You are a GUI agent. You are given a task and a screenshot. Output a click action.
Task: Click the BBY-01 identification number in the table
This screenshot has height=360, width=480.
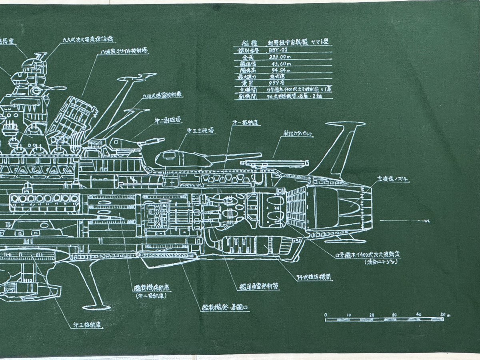274,50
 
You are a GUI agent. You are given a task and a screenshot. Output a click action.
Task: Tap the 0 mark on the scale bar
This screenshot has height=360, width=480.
326,315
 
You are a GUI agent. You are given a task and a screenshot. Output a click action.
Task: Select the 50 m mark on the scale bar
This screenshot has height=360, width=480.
444,315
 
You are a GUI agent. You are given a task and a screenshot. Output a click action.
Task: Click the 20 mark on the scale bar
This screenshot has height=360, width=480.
373,315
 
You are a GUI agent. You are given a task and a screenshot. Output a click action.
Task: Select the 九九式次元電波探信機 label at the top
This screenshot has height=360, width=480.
88,40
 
